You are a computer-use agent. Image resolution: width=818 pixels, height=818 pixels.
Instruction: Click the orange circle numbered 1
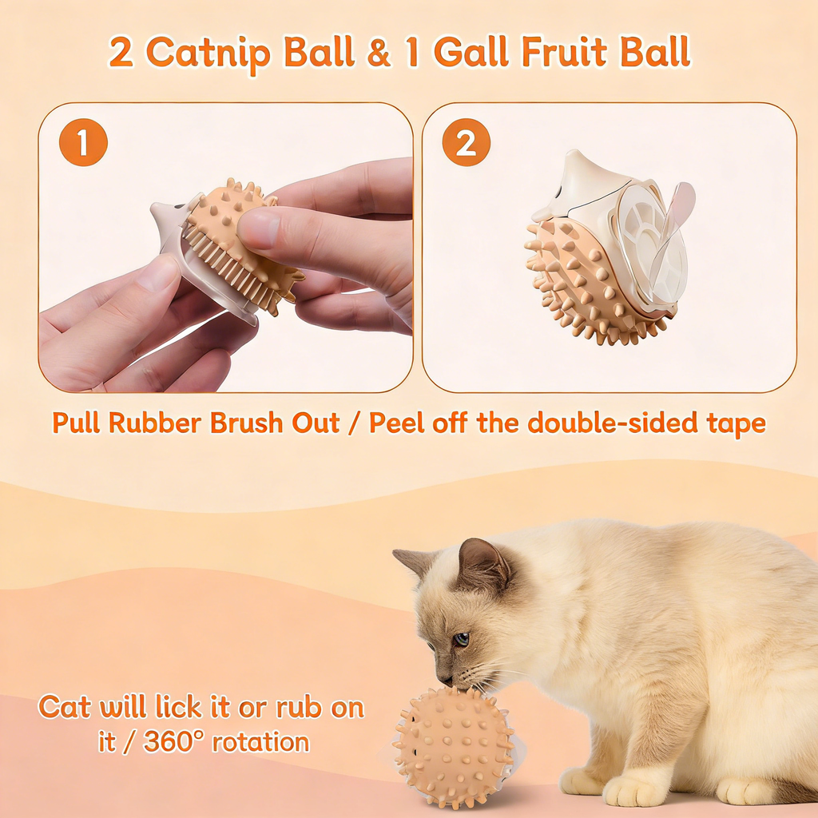83,143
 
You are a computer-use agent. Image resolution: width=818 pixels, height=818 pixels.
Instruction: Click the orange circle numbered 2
466,143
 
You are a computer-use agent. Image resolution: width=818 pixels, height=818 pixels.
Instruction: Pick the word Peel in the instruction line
398,423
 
